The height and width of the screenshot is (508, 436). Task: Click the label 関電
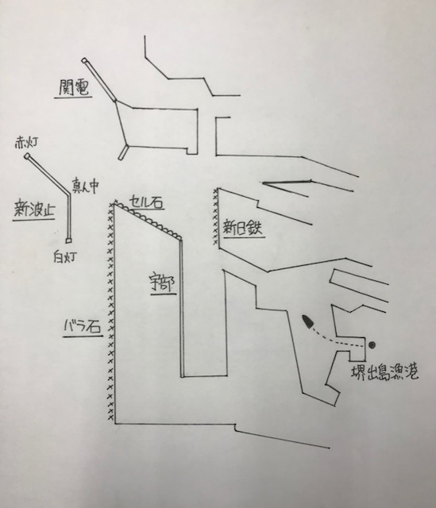[74, 87]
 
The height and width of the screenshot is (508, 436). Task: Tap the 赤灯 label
[27, 143]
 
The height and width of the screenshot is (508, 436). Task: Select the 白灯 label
[65, 257]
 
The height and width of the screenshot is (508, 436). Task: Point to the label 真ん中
[85, 186]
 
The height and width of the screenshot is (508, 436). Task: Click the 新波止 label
[34, 210]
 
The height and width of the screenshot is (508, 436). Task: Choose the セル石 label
[145, 202]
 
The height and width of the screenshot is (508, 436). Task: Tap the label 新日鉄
[242, 228]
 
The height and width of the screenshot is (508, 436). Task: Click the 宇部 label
[163, 284]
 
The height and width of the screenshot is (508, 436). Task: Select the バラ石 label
[83, 327]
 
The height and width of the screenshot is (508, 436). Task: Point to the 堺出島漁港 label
[384, 372]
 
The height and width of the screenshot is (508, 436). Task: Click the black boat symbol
[307, 321]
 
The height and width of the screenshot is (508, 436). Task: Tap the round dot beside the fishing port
[372, 345]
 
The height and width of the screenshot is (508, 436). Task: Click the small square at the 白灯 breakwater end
[68, 241]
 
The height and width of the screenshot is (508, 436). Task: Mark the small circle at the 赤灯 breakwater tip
[27, 156]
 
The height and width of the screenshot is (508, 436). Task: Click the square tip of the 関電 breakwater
[84, 60]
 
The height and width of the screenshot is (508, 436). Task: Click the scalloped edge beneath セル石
[149, 221]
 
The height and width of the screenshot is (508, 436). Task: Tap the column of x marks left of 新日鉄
[215, 217]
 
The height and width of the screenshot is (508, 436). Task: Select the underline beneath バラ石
[83, 337]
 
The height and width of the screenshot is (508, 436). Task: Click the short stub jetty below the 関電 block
[124, 152]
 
